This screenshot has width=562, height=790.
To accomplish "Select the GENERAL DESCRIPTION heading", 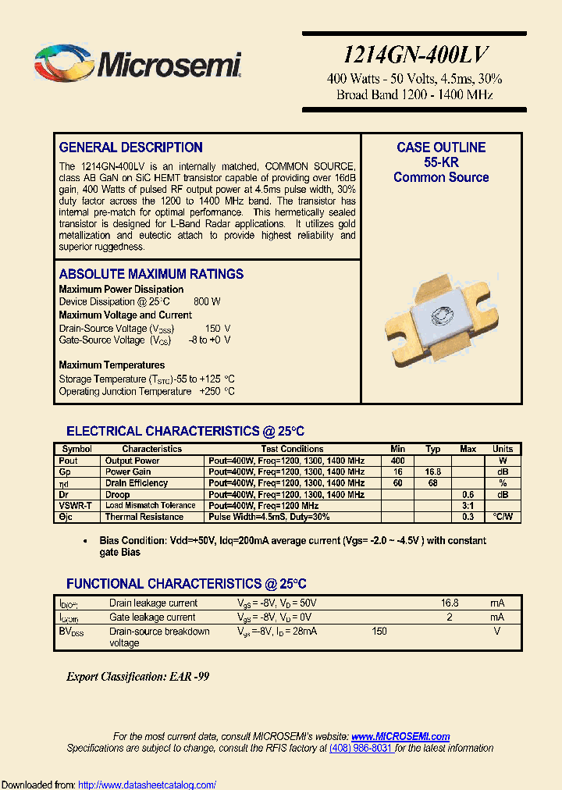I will click(130, 148).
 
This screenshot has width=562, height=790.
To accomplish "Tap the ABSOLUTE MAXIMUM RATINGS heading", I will click(151, 274).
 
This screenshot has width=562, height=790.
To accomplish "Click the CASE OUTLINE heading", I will click(441, 148).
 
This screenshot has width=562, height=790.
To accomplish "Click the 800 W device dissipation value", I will click(206, 301).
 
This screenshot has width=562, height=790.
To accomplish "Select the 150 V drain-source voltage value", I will click(218, 329).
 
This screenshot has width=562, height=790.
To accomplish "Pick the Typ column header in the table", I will click(433, 449).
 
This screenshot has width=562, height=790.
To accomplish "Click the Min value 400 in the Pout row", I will click(397, 461).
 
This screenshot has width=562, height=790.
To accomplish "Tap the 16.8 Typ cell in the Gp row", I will click(433, 472).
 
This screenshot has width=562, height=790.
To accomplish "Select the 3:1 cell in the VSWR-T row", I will click(468, 506).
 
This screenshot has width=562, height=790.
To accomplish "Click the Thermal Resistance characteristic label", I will click(144, 517).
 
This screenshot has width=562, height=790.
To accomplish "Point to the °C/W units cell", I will click(503, 517).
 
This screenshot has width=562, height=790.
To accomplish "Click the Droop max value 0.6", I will click(468, 494).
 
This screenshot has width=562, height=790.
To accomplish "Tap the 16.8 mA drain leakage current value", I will click(450, 603).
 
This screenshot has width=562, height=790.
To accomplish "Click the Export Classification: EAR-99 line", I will click(137, 677).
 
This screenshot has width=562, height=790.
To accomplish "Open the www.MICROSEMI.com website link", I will click(400, 736).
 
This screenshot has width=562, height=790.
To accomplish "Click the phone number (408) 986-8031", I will click(361, 748).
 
